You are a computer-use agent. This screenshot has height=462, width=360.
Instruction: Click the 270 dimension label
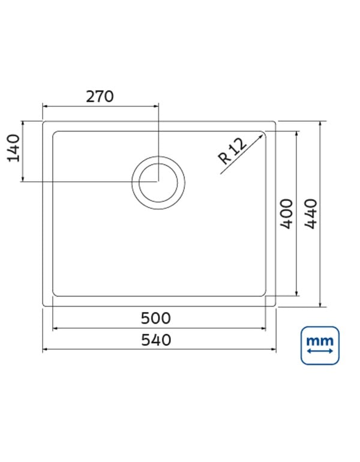(100, 97)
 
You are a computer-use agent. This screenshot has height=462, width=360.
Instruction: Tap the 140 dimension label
(14, 148)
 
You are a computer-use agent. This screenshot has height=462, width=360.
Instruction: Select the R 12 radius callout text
(232, 151)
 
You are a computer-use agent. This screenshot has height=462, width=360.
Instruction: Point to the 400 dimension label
(287, 214)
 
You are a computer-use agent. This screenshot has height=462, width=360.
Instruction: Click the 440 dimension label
(311, 214)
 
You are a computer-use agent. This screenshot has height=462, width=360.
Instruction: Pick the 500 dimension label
(155, 318)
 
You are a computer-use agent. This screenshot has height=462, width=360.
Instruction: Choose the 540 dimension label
(156, 340)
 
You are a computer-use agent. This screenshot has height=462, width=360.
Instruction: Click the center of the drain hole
(158, 182)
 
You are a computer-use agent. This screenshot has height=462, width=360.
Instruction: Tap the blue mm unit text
(320, 341)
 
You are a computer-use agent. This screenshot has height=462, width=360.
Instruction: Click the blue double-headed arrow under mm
(320, 351)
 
